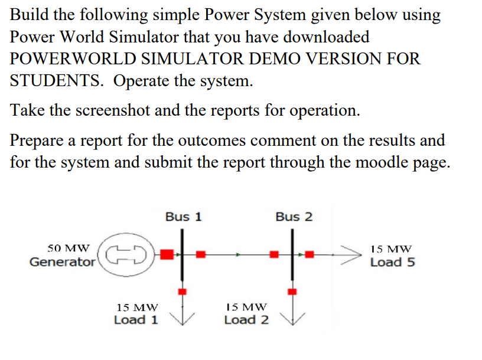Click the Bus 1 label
183,217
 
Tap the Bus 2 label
294,217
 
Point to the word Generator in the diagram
63,262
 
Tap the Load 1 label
136,320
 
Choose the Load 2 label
246,320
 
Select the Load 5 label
392,262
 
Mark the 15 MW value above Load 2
247,307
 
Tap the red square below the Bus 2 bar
291,290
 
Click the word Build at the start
30,15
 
